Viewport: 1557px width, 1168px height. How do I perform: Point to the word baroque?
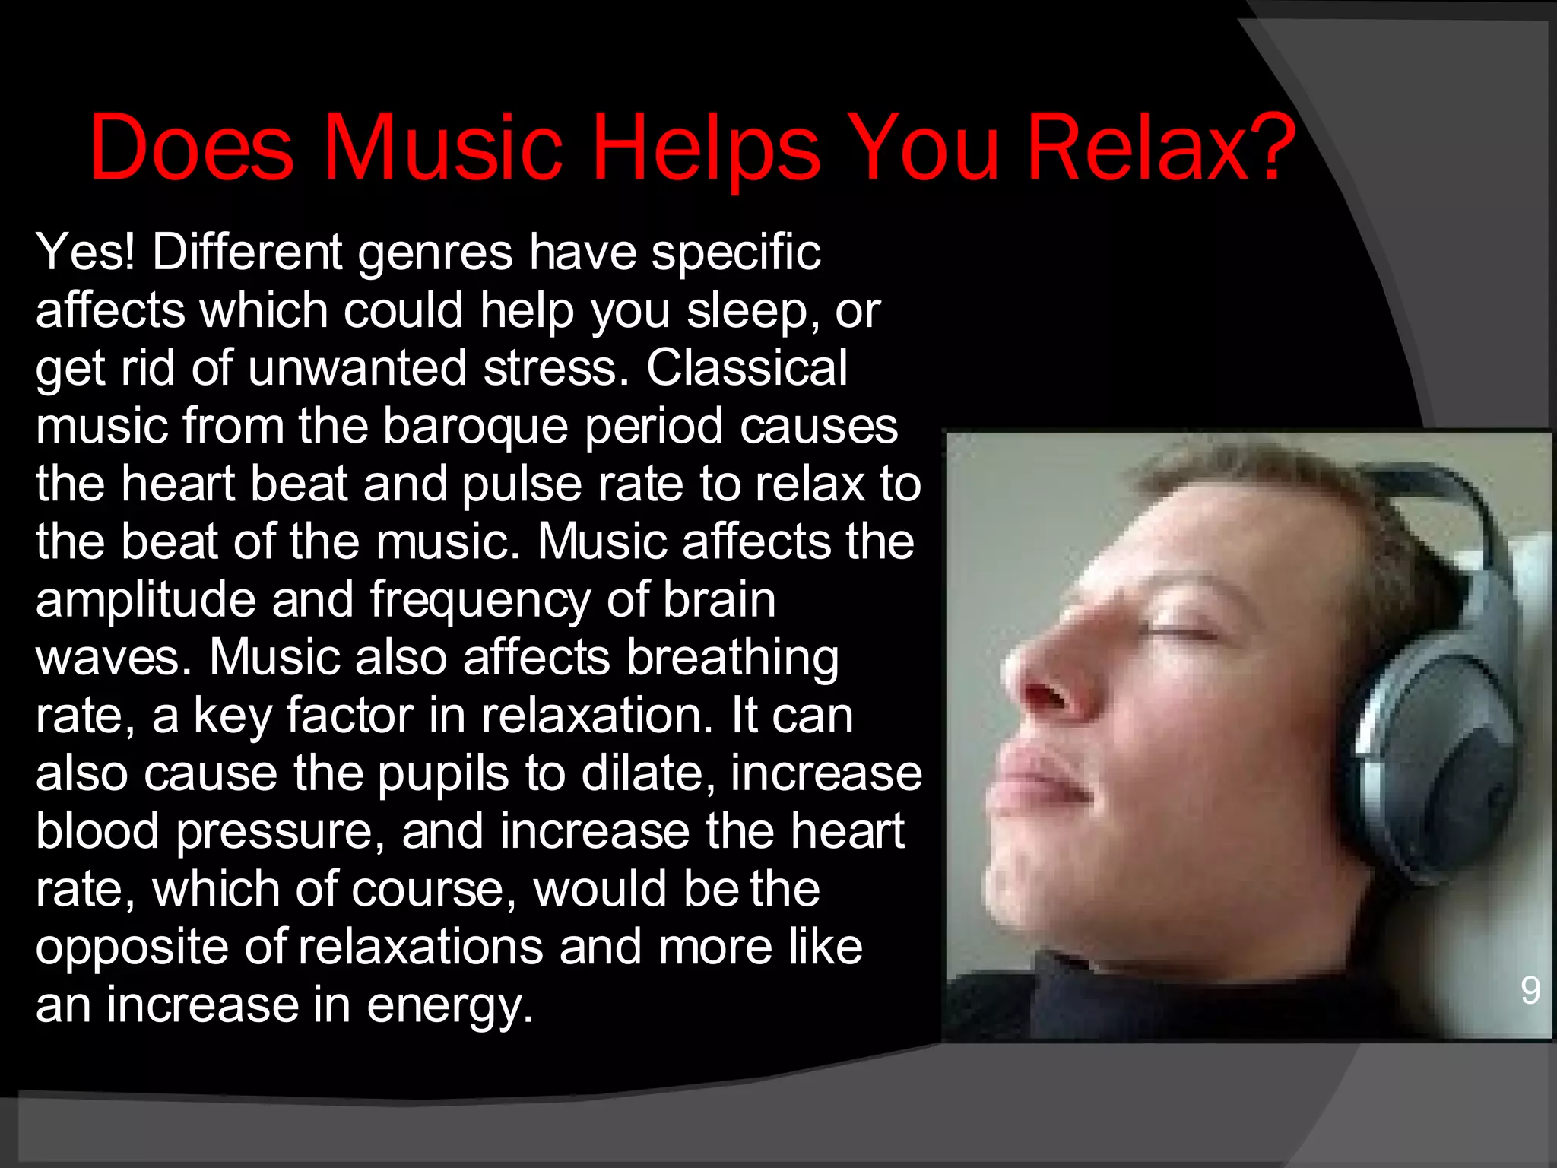(475, 426)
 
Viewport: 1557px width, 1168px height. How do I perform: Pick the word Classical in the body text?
(747, 368)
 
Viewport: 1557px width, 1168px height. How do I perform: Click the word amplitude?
(145, 600)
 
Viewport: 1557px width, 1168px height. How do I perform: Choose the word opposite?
(132, 948)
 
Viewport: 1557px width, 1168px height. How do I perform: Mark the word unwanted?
(357, 368)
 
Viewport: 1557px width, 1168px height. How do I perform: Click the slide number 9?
(1530, 990)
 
